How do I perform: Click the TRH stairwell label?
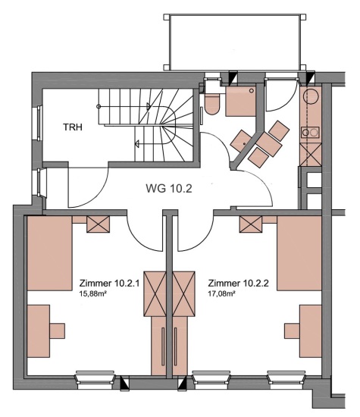coord(73,127)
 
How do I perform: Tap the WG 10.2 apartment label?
coord(169,189)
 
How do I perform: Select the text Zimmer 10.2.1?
coord(110,284)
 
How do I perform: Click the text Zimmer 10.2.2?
coord(238,284)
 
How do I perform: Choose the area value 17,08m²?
coord(221,294)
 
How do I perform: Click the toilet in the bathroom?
coord(212,104)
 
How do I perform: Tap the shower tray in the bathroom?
coord(240,101)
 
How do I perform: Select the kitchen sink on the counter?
coord(310,132)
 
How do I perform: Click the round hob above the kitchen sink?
coord(310,96)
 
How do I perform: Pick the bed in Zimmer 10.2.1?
coord(49,253)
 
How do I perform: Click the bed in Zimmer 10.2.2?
coord(299,253)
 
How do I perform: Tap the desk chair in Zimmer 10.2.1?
coord(57,331)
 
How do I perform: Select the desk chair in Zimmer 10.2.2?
coord(293,331)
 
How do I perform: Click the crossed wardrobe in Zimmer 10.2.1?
coord(155,294)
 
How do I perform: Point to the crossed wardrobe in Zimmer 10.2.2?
coord(183,294)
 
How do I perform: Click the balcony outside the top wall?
coord(235,42)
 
